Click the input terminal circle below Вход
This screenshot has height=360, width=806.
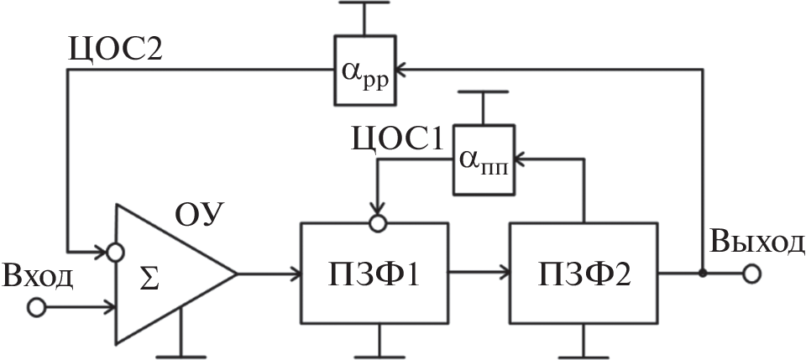point(36,307)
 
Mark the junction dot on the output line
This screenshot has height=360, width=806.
point(702,274)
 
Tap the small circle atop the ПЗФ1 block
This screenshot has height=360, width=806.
point(377,224)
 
